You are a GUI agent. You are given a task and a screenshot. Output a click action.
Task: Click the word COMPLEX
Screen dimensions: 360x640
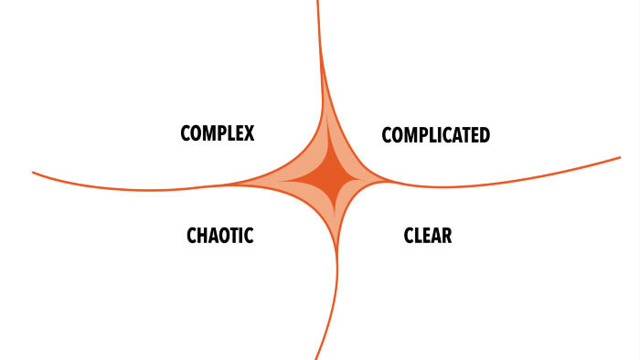pyautogui.click(x=217, y=133)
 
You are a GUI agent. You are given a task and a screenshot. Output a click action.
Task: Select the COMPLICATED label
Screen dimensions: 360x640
pyautogui.click(x=435, y=135)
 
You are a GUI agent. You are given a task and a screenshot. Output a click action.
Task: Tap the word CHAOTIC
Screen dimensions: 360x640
pyautogui.click(x=219, y=236)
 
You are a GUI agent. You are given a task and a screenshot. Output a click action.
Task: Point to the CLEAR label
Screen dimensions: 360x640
pyautogui.click(x=428, y=236)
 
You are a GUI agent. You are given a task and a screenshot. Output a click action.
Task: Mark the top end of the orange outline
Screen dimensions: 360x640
pyautogui.click(x=318, y=2)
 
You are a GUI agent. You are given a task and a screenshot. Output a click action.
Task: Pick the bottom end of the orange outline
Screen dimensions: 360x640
pyautogui.click(x=316, y=357)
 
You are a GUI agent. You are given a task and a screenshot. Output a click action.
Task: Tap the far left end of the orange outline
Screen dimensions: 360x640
pyautogui.click(x=33, y=172)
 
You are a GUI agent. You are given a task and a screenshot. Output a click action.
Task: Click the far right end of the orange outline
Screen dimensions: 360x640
pyautogui.click(x=620, y=158)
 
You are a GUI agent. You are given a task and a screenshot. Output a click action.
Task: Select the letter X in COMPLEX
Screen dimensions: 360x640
pyautogui.click(x=248, y=133)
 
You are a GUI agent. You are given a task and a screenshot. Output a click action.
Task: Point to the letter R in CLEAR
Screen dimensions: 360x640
pyautogui.click(x=446, y=236)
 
